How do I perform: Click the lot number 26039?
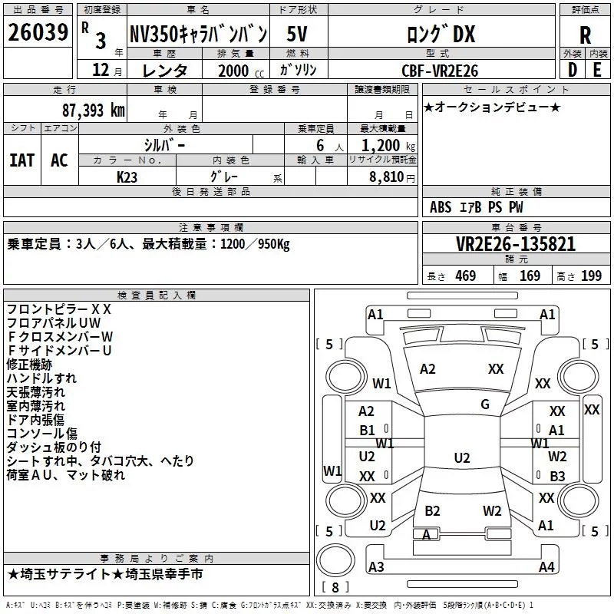click(38, 34)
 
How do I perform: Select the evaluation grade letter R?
click(585, 35)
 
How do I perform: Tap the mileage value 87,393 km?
click(93, 110)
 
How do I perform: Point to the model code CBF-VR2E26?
click(440, 71)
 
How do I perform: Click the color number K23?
click(127, 177)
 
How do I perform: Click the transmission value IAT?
click(21, 160)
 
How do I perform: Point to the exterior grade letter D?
click(572, 70)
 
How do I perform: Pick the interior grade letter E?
click(597, 70)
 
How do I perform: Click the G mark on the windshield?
click(485, 404)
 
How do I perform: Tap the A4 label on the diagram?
click(546, 567)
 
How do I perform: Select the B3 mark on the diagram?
click(557, 476)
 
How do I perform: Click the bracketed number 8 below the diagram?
click(335, 587)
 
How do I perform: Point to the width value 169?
click(530, 276)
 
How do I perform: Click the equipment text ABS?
click(441, 207)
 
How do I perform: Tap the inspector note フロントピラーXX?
click(59, 309)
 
